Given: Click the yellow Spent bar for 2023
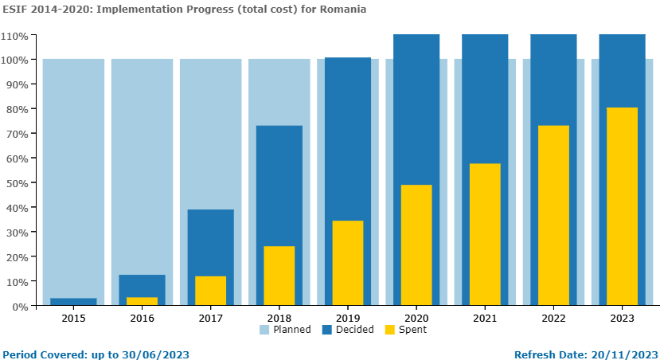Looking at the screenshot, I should [x=622, y=206].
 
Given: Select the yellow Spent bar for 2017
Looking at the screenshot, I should [x=210, y=291].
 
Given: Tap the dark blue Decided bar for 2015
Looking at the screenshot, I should [x=73, y=302].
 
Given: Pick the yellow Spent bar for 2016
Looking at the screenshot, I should [x=142, y=301].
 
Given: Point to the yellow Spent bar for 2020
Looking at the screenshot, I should [x=416, y=245].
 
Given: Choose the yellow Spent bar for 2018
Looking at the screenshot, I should [x=279, y=276].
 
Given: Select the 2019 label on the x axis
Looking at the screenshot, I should [x=347, y=318].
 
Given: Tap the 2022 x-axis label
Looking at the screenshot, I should [x=553, y=318].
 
